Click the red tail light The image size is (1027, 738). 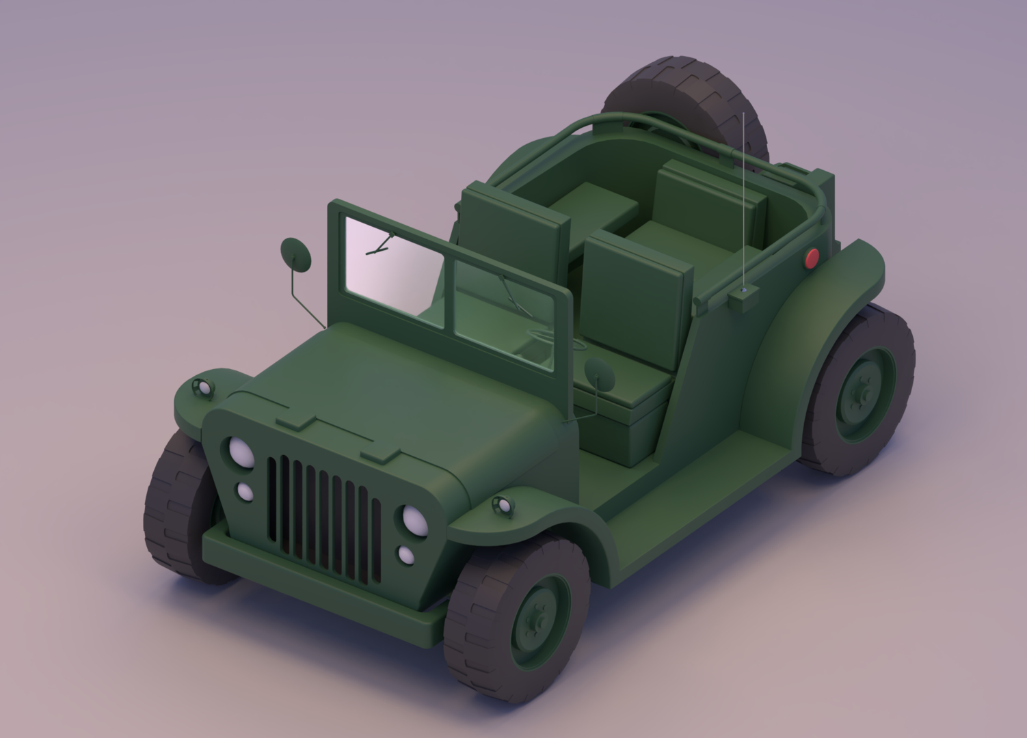click(x=812, y=258)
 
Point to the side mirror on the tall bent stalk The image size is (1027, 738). click(x=295, y=255)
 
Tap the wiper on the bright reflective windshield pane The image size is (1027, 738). click(x=379, y=245)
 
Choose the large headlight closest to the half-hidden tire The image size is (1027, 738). click(x=240, y=451)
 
